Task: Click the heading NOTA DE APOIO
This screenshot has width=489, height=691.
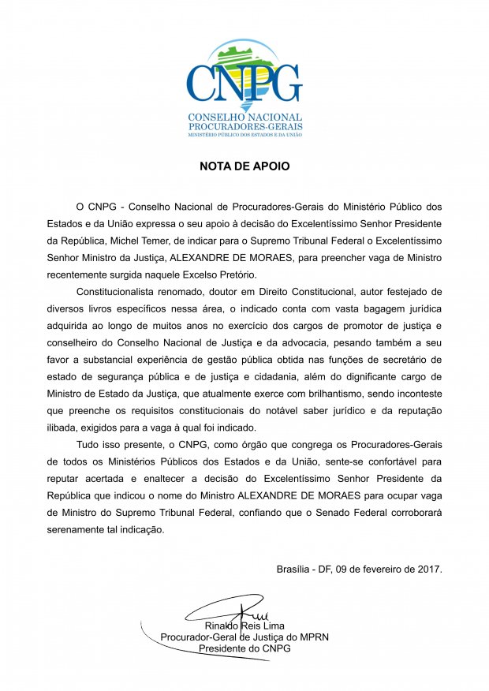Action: [244, 167]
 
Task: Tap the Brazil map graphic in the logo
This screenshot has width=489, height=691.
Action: [244, 60]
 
